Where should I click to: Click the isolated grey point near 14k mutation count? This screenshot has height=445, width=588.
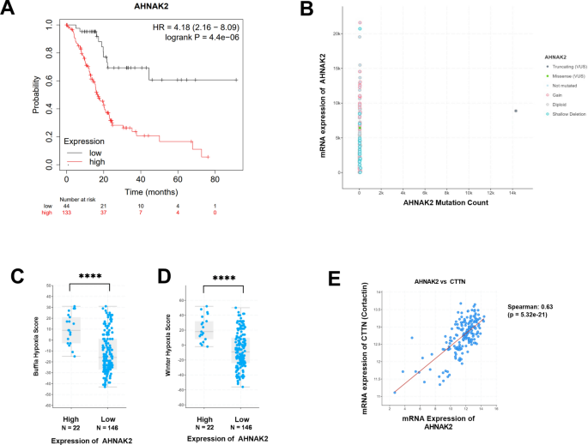[515, 111]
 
